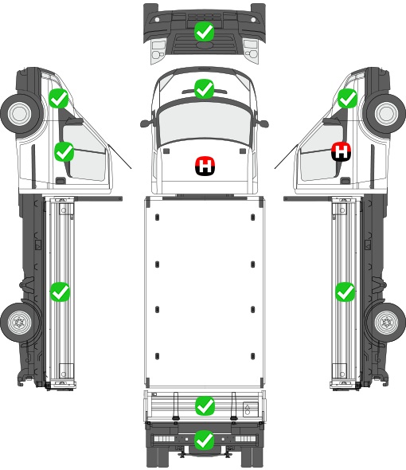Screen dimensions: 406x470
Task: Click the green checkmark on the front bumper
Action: pos(204,32)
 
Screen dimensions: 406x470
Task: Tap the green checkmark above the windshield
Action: pos(204,88)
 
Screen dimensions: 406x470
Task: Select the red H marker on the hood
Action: pos(205,166)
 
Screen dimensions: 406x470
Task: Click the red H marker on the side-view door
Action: pos(342,151)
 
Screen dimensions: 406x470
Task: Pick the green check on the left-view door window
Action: pos(64,151)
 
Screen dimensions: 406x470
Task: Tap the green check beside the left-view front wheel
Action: pos(59,98)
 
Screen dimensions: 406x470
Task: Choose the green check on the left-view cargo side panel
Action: pos(60,292)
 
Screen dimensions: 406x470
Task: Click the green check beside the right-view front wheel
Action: pos(348,98)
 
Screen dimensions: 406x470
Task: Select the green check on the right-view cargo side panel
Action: pos(345,292)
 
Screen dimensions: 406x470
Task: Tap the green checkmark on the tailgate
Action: pos(205,406)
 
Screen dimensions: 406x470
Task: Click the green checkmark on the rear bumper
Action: pos(205,440)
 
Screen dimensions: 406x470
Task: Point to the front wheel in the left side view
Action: pos(21,114)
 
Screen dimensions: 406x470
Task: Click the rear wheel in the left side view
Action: pos(20,323)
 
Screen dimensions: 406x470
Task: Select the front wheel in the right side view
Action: pos(386,114)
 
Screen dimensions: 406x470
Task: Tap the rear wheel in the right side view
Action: pos(386,323)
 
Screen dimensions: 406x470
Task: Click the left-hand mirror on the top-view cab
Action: pos(146,123)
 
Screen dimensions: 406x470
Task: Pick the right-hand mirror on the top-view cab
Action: pos(263,123)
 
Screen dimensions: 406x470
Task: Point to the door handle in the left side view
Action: pos(61,181)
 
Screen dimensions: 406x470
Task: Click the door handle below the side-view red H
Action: pos(345,181)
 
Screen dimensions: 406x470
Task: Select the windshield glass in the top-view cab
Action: pos(204,122)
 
